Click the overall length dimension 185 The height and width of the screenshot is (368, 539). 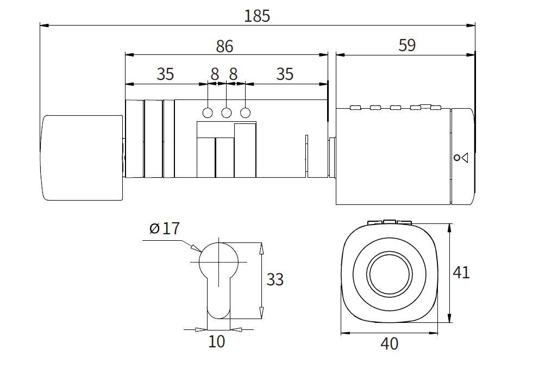coord(256,16)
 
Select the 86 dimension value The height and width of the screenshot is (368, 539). coord(224,47)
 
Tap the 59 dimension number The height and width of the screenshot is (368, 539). coord(406,45)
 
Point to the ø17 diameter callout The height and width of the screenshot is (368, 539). coord(164,228)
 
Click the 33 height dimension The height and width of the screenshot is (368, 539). coord(275,279)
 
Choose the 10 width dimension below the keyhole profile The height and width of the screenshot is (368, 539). coord(216,342)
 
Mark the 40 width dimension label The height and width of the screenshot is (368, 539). coord(390,344)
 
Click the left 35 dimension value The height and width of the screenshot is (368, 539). coord(165,74)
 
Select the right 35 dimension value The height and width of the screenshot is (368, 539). coord(285,74)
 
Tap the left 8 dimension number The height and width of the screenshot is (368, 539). coord(215,74)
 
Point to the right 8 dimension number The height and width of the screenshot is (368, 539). coord(233,74)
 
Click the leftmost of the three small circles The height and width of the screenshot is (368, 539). coord(208,113)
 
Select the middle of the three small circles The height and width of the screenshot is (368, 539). coord(227,113)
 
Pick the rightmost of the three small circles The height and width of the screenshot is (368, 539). coord(246,113)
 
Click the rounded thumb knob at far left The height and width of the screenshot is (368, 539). coord(82,158)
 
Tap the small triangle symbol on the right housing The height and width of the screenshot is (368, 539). coord(464,158)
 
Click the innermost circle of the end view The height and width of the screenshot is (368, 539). coord(388,273)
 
